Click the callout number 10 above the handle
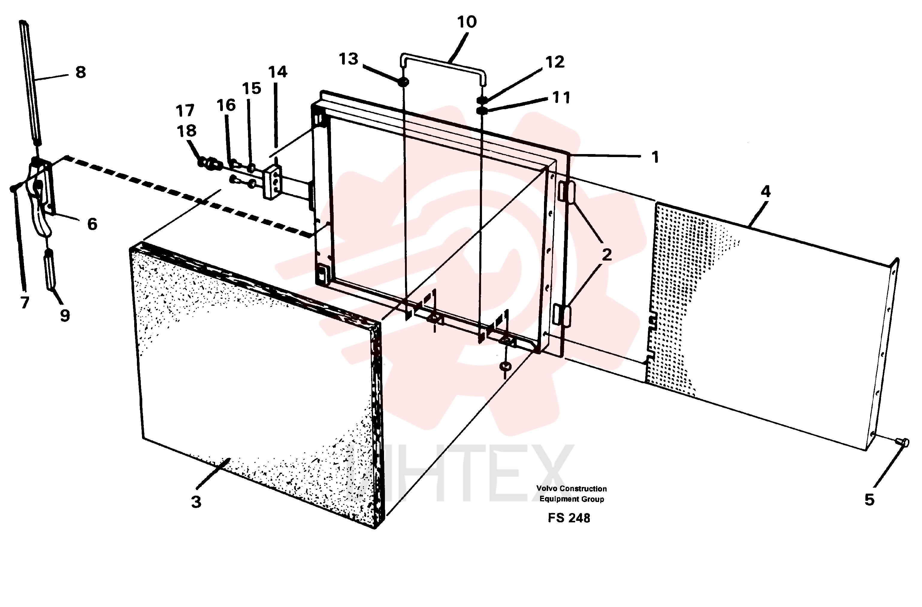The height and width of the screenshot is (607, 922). [x=467, y=22]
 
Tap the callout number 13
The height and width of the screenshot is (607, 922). [x=348, y=59]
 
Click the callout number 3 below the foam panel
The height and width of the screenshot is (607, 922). [x=196, y=502]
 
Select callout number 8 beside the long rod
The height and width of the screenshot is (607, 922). [x=81, y=72]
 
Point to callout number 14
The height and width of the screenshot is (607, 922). [x=277, y=72]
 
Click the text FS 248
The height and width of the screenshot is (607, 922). [x=569, y=518]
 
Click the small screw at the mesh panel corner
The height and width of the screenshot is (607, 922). [x=903, y=442]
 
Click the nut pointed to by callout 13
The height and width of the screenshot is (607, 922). [x=403, y=82]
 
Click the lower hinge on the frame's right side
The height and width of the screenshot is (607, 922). [x=562, y=315]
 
